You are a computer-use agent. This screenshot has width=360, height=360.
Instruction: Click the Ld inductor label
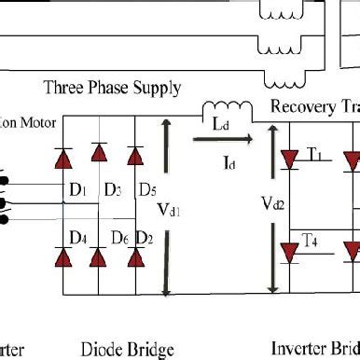[221, 123]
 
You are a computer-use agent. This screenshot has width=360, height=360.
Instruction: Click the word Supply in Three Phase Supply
[157, 89]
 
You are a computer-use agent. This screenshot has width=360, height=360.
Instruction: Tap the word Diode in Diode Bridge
[106, 350]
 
